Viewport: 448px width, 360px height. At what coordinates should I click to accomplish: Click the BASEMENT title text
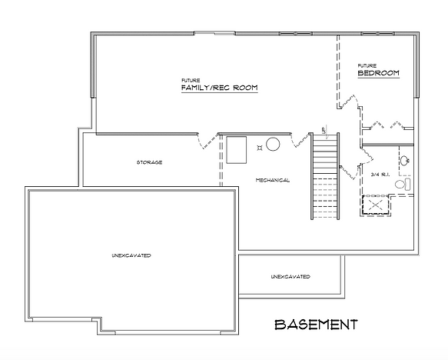(316, 324)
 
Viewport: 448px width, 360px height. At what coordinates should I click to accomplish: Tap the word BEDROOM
(379, 73)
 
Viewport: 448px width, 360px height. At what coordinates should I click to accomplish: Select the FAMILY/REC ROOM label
(219, 88)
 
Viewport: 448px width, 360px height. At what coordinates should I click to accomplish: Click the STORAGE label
(149, 162)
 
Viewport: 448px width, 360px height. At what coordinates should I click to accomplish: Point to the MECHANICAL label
(273, 180)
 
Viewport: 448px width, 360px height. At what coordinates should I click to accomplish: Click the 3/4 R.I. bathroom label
(380, 175)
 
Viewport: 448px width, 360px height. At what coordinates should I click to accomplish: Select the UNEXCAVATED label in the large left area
(131, 255)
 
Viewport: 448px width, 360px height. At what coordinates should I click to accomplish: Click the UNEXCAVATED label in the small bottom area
(290, 276)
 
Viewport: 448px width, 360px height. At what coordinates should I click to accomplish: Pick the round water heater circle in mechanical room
(273, 144)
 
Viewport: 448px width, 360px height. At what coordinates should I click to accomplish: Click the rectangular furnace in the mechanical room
(236, 148)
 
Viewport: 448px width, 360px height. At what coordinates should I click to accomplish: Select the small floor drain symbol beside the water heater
(258, 144)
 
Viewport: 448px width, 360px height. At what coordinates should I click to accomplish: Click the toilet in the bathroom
(407, 185)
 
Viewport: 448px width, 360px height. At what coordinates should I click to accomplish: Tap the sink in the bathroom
(405, 161)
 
